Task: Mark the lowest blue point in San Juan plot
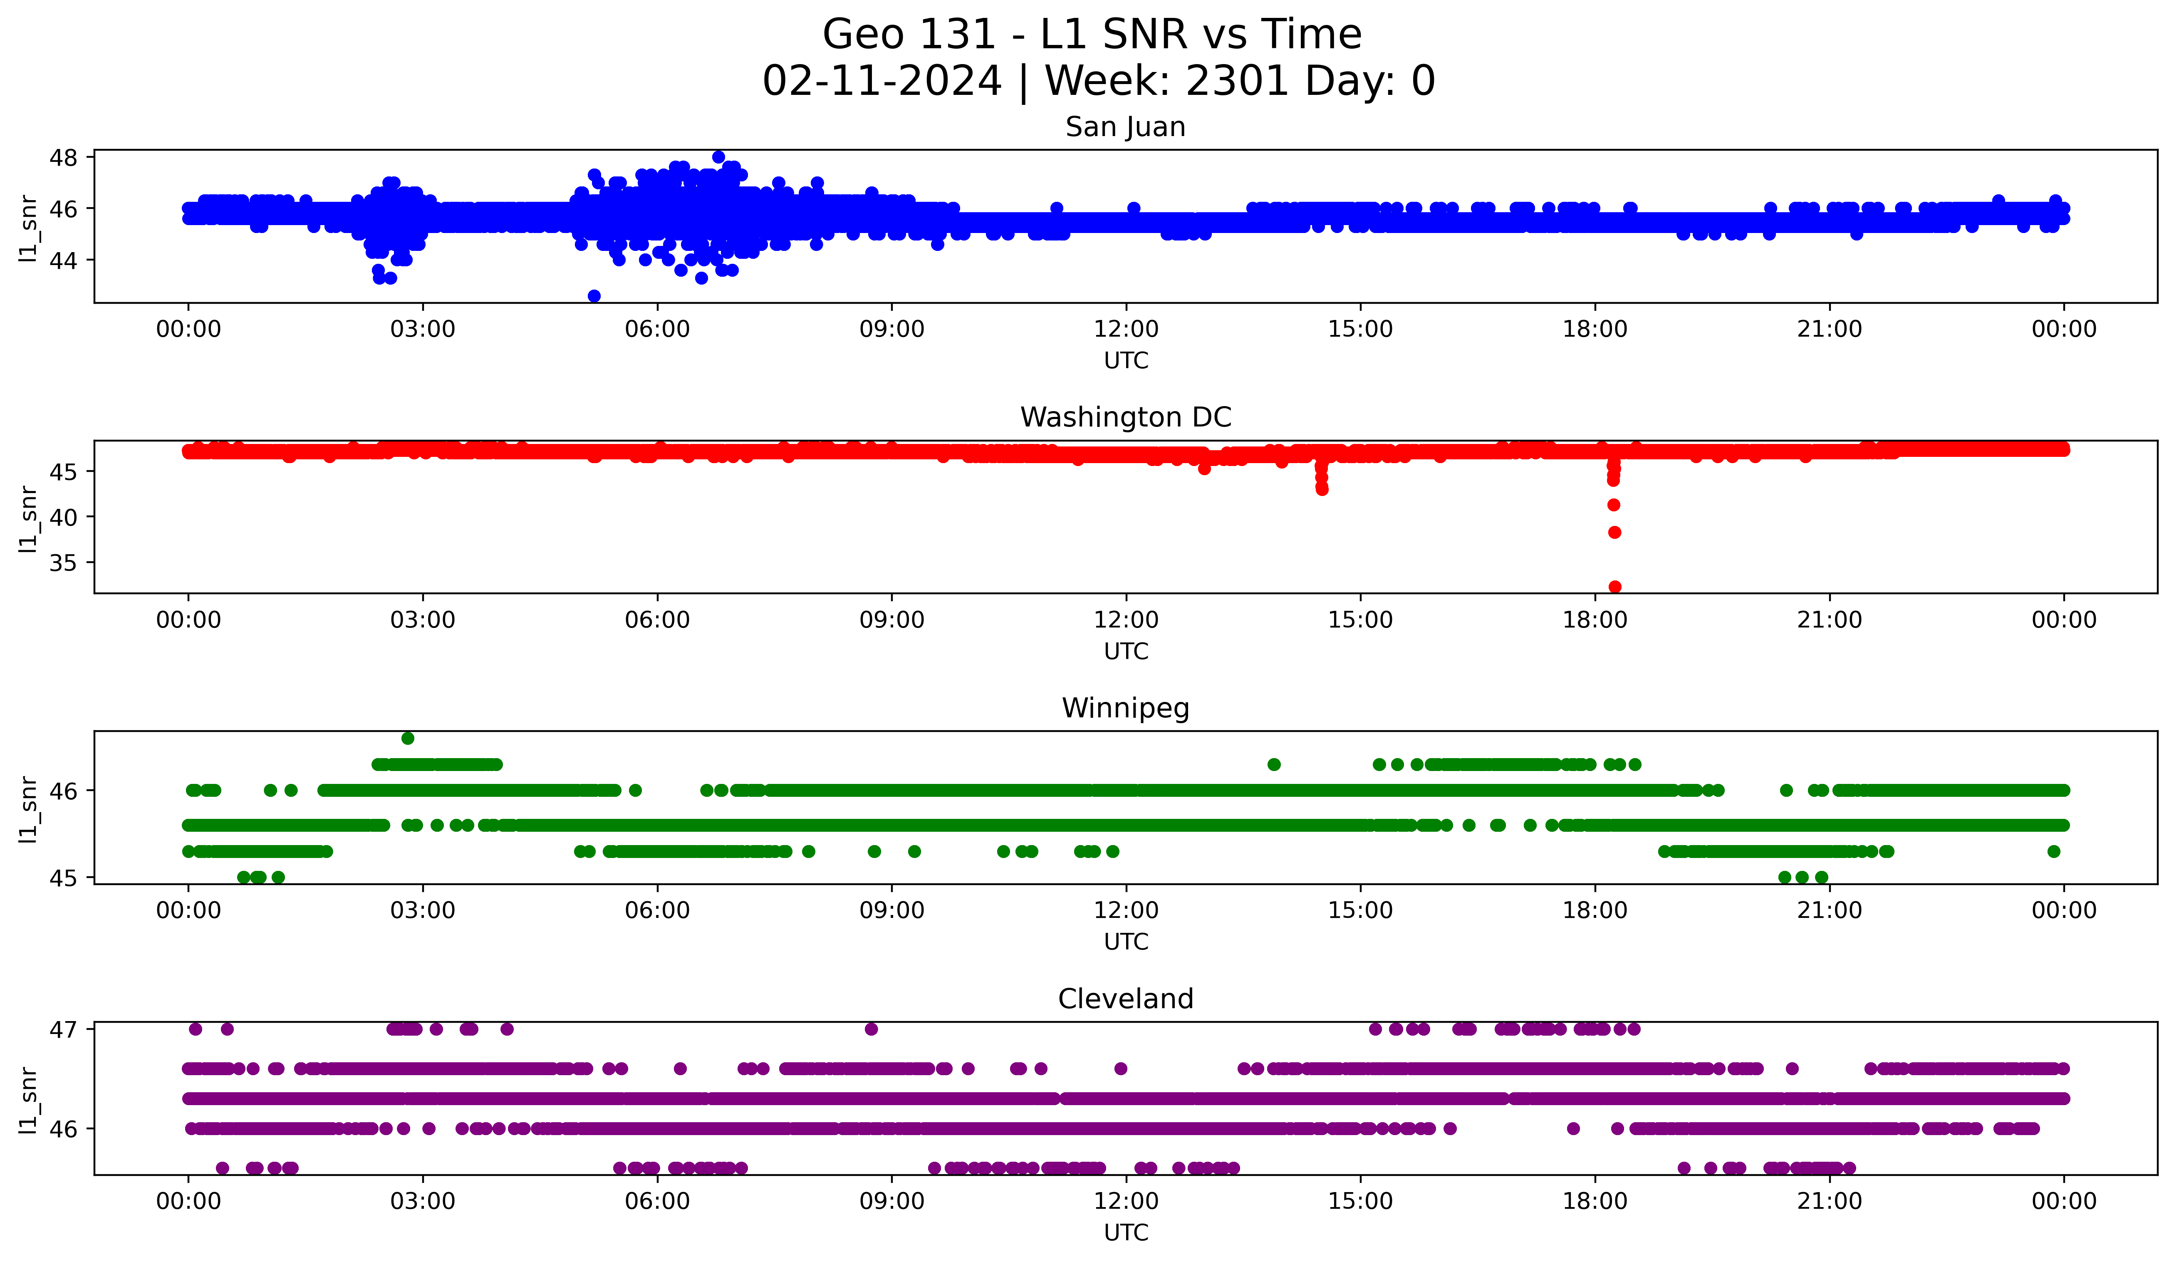[594, 296]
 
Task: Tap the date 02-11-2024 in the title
[881, 81]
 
